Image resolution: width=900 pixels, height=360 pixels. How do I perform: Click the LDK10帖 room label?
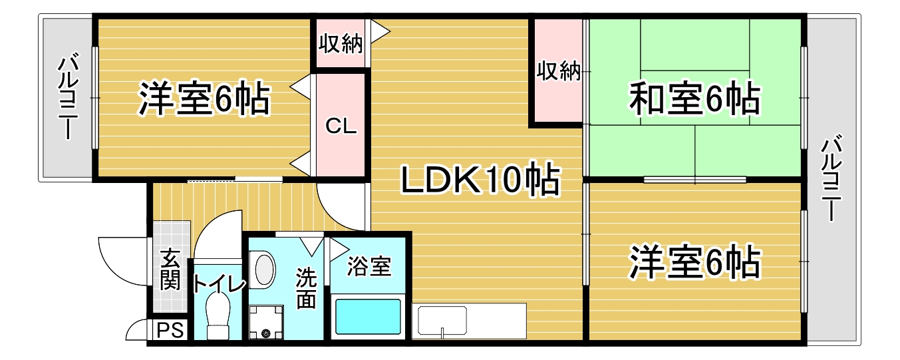[480, 179]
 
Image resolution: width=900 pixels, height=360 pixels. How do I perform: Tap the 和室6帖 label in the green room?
[694, 98]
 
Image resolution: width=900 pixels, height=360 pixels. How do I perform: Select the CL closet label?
[341, 126]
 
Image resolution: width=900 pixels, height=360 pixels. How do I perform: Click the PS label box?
[170, 330]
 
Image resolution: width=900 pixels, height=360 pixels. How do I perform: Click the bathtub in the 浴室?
[368, 317]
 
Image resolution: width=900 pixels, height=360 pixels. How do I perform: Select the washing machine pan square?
[266, 323]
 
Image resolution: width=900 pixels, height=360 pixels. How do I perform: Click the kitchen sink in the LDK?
[442, 321]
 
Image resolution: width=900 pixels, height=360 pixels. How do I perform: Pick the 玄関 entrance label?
[170, 270]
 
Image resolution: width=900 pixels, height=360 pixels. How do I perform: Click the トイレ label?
[219, 284]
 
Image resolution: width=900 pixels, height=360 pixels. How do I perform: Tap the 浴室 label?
[369, 266]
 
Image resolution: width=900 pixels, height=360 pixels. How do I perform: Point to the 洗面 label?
[306, 288]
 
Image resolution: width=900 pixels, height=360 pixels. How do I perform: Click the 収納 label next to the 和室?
[559, 71]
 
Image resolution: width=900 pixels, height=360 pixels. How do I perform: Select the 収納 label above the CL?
[341, 43]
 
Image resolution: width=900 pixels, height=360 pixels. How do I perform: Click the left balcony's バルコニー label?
[69, 96]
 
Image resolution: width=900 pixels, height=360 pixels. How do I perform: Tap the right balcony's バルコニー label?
[831, 178]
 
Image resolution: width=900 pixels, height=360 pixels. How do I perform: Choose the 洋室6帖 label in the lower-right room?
[694, 262]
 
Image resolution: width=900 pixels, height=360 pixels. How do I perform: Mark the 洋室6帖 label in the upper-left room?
[204, 99]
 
